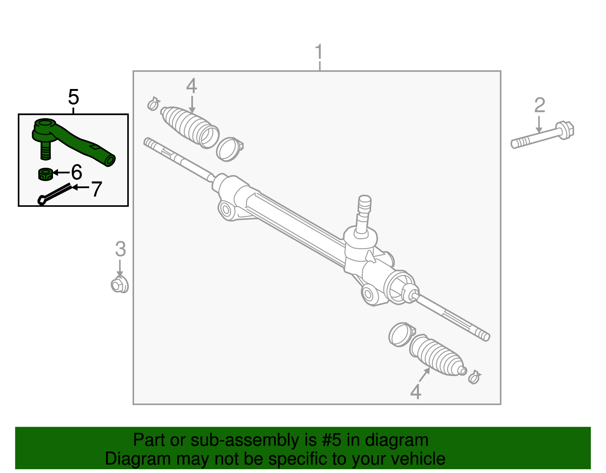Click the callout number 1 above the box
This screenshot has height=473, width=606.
[x=319, y=52]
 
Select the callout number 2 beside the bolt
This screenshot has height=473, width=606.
[x=539, y=105]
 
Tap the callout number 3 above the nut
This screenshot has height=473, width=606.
[x=120, y=249]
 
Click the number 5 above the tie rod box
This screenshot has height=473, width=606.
[x=73, y=97]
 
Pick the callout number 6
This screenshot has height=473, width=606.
[x=77, y=172]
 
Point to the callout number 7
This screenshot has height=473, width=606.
[x=97, y=189]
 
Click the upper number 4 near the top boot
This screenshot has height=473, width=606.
[x=192, y=86]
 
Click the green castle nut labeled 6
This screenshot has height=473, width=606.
[x=45, y=174]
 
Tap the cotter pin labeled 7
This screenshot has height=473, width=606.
[x=55, y=194]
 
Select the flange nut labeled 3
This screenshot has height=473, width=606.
[x=119, y=285]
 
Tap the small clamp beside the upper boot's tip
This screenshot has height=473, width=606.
[x=153, y=103]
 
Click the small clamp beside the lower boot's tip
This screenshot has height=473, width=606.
[x=474, y=377]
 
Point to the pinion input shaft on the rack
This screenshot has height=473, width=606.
[x=364, y=212]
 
